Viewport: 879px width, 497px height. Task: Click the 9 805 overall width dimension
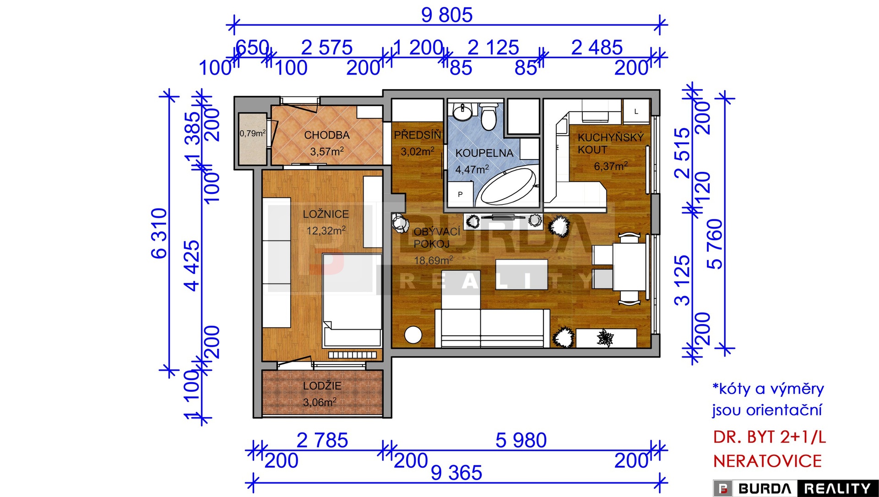(x=447, y=15)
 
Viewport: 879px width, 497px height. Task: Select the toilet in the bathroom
(x=488, y=117)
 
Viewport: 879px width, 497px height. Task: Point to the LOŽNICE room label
(x=326, y=214)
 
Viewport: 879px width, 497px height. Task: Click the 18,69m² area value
(x=434, y=260)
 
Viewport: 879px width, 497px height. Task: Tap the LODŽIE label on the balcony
(x=322, y=386)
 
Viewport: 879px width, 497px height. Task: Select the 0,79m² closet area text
(x=253, y=133)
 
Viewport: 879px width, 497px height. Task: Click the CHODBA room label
(x=327, y=135)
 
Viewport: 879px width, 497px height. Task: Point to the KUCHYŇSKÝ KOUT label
(x=611, y=143)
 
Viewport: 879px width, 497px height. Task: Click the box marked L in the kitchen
(x=636, y=112)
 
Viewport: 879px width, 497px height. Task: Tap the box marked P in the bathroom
(x=460, y=194)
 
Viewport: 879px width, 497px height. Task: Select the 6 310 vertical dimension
(x=159, y=233)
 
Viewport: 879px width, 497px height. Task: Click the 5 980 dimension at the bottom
(x=521, y=440)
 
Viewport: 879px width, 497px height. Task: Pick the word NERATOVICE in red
(x=768, y=461)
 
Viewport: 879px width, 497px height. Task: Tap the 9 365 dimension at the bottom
(x=456, y=473)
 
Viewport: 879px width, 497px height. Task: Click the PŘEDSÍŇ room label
(x=418, y=135)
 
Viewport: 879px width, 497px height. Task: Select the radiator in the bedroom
(x=353, y=355)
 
